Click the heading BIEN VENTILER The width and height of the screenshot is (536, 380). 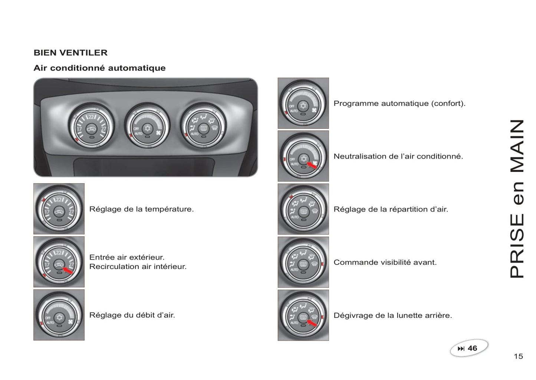(x=70, y=53)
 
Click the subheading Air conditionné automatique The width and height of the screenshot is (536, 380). (x=99, y=68)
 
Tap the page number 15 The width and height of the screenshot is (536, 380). (x=518, y=356)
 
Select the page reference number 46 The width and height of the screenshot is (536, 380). (x=472, y=348)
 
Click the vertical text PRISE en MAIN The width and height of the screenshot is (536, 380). (x=517, y=199)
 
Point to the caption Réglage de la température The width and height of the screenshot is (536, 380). (x=141, y=209)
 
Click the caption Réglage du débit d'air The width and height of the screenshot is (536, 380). (x=132, y=315)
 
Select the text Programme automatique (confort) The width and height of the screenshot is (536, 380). (x=399, y=103)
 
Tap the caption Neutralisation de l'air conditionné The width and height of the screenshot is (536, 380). (x=398, y=156)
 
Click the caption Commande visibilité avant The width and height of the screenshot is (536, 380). (x=385, y=262)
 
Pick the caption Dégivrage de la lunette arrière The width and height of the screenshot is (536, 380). (x=393, y=315)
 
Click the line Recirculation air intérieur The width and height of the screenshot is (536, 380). (x=138, y=266)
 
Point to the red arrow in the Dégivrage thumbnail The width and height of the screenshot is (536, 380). (x=312, y=323)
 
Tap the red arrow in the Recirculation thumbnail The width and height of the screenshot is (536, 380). (x=68, y=270)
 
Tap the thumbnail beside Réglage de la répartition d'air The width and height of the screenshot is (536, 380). (x=303, y=209)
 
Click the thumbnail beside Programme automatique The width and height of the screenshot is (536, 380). (x=303, y=103)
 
